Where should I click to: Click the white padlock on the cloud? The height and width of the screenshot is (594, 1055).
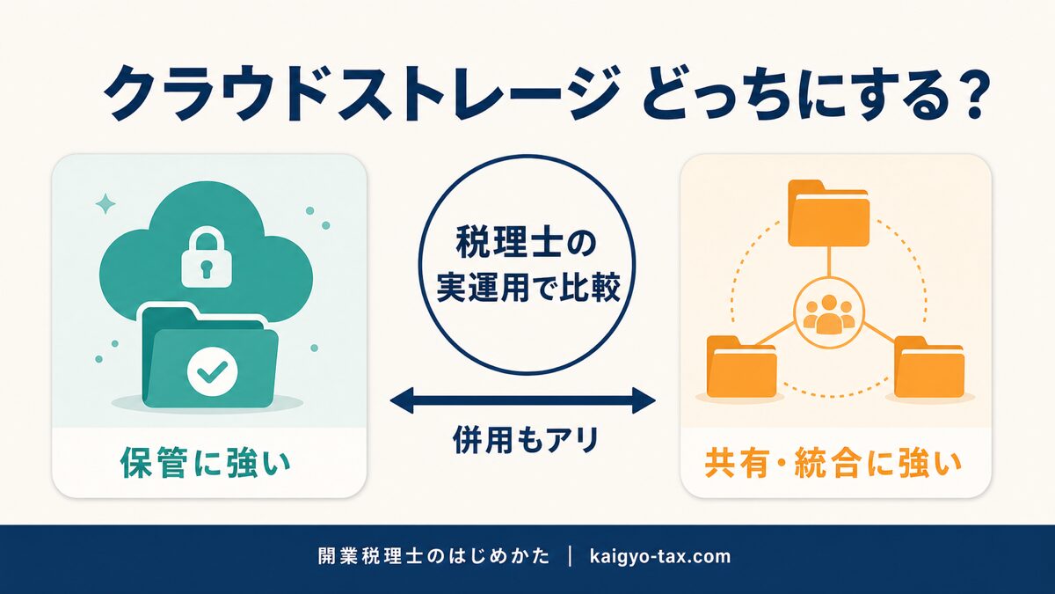coord(207,257)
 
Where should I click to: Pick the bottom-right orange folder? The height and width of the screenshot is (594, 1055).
coord(928,367)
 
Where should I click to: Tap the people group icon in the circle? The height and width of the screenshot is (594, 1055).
coord(829,314)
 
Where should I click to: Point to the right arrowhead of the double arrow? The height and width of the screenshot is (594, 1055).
coord(644,401)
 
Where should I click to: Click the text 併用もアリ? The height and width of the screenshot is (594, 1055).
coord(525,440)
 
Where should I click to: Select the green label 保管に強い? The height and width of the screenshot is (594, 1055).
coord(206,461)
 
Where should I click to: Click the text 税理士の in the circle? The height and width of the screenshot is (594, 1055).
coord(526,244)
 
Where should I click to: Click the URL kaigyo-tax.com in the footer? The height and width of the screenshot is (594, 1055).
coord(660,556)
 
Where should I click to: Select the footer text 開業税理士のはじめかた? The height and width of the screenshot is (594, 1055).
coord(433,556)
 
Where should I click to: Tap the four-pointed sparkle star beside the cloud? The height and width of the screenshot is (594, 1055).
coord(105,203)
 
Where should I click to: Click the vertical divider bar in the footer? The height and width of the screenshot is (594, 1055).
coord(571,556)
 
